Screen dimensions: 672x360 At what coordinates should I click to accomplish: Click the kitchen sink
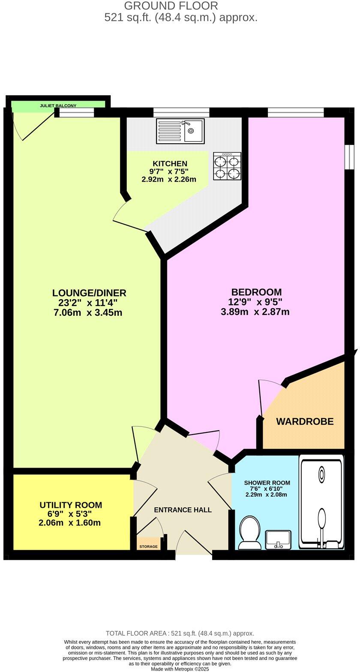click(181, 131)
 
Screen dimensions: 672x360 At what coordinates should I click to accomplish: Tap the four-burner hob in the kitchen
click(227, 166)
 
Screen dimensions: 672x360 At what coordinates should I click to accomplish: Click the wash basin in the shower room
click(278, 539)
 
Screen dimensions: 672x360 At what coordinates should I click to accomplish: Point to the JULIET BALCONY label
click(58, 105)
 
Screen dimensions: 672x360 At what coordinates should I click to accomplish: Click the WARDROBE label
click(305, 422)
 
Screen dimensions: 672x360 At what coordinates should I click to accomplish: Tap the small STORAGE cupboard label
click(149, 546)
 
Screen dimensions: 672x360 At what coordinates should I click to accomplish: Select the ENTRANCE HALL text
click(183, 510)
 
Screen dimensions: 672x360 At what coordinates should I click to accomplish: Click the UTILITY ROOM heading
click(71, 505)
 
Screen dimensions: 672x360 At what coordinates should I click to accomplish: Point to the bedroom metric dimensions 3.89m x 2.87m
click(255, 312)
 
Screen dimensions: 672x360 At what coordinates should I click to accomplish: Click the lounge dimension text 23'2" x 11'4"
click(89, 303)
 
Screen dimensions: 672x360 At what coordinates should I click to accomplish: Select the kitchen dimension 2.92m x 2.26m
click(169, 180)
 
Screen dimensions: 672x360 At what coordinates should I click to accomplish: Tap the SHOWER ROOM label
click(267, 483)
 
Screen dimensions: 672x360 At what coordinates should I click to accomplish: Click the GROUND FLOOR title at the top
click(171, 6)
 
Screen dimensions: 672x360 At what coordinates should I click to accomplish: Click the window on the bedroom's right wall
click(350, 157)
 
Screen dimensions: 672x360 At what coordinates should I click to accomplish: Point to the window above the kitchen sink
click(181, 112)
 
